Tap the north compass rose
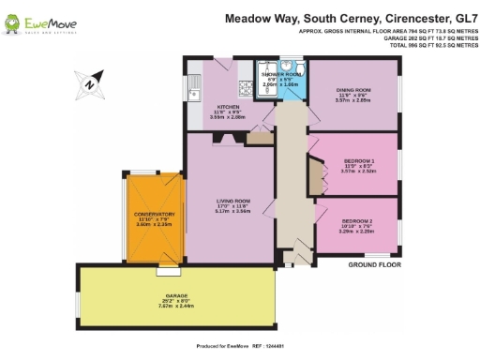coord(87,82)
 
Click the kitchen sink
coord(194,90)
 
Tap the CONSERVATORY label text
coord(156,214)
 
